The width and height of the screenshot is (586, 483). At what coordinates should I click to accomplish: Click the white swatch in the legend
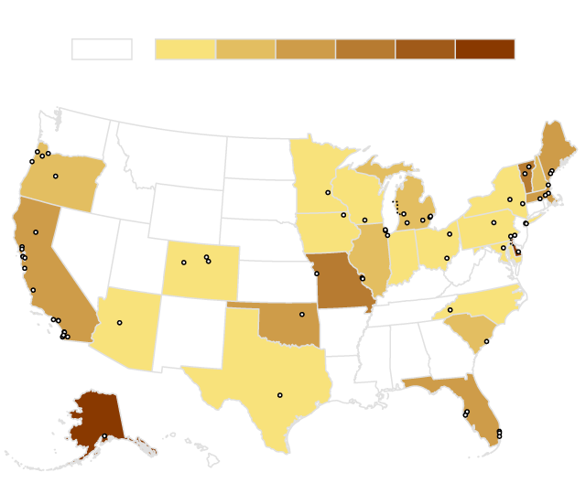[102, 49]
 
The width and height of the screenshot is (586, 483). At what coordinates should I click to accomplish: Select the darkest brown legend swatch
[484, 49]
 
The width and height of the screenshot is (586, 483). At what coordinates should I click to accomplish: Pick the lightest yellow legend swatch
[185, 49]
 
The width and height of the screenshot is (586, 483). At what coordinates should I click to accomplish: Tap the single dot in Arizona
[119, 323]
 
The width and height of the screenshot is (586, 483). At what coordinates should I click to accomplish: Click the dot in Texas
[279, 395]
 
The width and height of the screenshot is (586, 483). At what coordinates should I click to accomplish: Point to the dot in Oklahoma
[301, 315]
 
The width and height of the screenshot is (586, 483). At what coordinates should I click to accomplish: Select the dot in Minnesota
[328, 192]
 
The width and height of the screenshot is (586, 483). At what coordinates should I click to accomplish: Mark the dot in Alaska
[104, 436]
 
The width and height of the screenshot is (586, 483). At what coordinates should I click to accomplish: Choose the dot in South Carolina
[486, 341]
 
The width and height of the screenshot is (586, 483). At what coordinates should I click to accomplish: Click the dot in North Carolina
[450, 310]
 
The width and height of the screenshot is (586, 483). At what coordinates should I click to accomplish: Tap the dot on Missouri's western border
[317, 274]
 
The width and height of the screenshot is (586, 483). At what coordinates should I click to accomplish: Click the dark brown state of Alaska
[92, 416]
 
